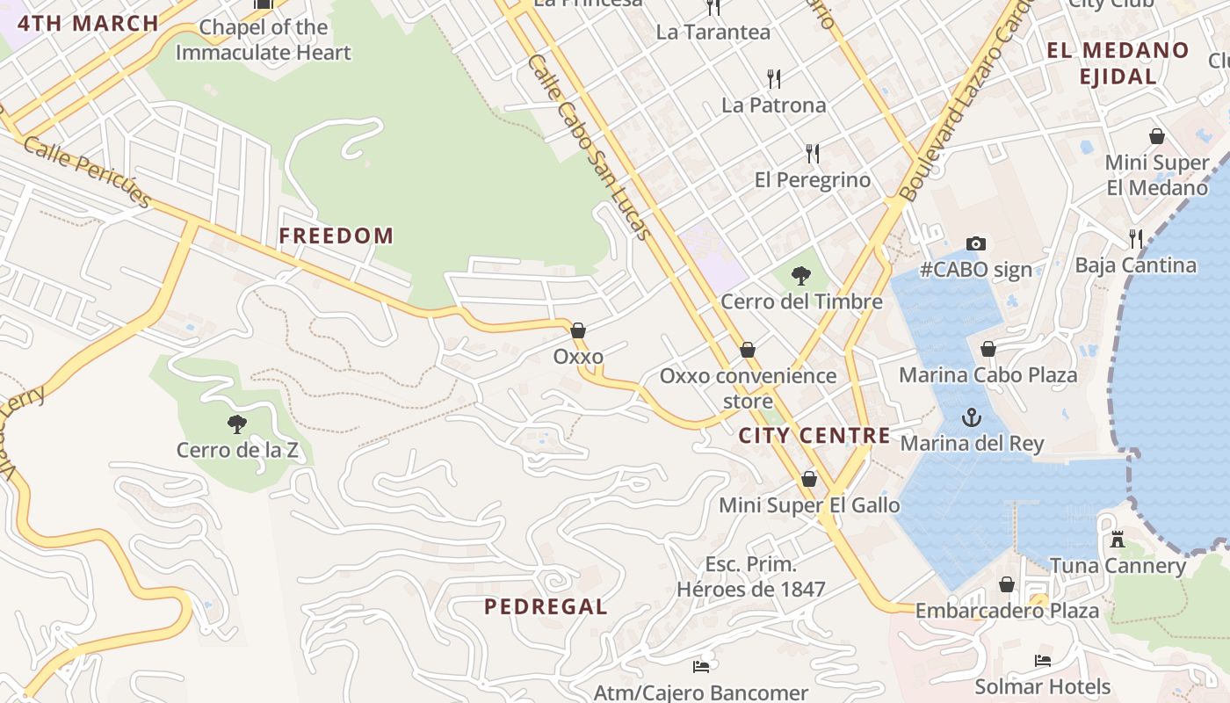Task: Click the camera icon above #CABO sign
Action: coord(975,243)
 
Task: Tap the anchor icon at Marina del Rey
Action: coord(971,417)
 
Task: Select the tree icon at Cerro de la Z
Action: coord(236,424)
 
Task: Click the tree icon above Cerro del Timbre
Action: coord(800,276)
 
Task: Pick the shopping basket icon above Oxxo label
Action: coord(578,330)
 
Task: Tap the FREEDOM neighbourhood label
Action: coord(336,236)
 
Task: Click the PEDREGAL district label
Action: coord(546,606)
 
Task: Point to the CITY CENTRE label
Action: coord(814,435)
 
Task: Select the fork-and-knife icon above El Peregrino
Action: coord(813,154)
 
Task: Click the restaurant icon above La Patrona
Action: coord(774,79)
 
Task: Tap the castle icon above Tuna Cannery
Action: coord(1118,539)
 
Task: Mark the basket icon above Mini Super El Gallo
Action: coord(808,479)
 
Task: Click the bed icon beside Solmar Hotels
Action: coord(1043,660)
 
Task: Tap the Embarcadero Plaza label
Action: coord(1007,610)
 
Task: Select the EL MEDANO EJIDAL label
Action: coord(1118,63)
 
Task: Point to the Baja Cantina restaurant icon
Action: coord(1136,238)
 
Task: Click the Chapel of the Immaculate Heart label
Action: coord(263,40)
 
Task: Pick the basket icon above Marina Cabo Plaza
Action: coord(988,349)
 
